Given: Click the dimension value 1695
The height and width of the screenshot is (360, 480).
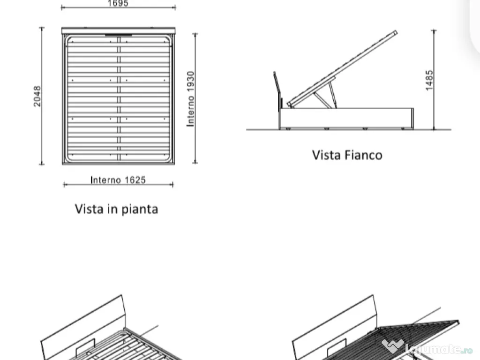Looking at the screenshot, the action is (x=118, y=3).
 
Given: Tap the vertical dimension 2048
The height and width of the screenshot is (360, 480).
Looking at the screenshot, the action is (x=37, y=96).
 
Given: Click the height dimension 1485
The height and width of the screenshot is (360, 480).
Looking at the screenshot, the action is (x=429, y=80).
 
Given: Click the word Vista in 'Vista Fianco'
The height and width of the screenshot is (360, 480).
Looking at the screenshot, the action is (x=326, y=155).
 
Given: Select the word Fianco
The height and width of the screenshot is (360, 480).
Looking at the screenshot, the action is (x=363, y=155).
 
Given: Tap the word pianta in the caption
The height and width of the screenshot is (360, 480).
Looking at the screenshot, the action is (x=140, y=210).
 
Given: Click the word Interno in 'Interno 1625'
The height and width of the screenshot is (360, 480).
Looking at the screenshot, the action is (x=105, y=180).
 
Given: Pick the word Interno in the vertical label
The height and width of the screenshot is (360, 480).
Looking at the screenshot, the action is (x=191, y=111).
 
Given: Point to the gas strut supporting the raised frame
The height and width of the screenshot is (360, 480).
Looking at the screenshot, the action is (x=322, y=100).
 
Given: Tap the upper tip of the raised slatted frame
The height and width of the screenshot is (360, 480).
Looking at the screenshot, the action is (x=396, y=31).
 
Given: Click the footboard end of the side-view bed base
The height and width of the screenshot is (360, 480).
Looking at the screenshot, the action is (x=412, y=119).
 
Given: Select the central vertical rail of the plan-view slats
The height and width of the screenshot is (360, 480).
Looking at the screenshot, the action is (x=119, y=98).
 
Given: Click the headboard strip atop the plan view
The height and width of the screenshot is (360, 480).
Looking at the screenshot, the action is (x=119, y=30).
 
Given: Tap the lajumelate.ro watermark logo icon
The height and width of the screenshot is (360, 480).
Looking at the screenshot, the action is (x=392, y=345).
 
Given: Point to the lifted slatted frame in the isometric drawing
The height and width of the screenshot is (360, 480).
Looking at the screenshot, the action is (x=420, y=338).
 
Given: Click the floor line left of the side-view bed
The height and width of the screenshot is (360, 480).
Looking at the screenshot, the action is (x=262, y=129).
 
